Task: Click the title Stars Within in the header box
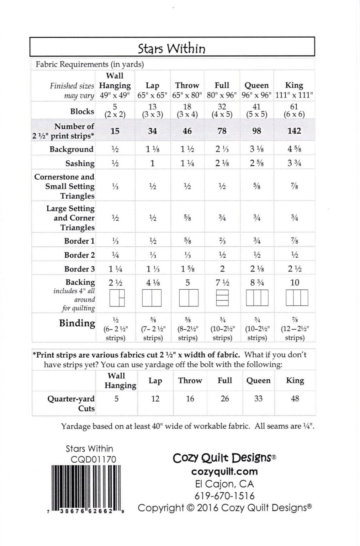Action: coord(172,48)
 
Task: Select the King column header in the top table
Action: coord(294,85)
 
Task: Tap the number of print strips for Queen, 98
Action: coord(256,131)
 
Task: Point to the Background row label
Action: coord(72,149)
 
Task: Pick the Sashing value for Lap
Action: coord(152,164)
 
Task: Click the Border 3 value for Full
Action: coord(222,269)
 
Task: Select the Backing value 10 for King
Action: coord(295,283)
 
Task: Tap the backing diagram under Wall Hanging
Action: coord(117,298)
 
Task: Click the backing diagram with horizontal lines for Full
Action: coord(222,298)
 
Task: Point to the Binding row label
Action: coord(77,323)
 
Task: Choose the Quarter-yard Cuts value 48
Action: coord(295,398)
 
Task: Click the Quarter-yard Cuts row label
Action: coord(71,403)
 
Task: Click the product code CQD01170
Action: coord(93,459)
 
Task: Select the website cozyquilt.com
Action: coord(224,471)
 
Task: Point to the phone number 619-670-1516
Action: coord(224,496)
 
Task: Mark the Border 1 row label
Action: coord(79,241)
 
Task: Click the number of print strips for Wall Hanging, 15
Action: coord(115,131)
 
